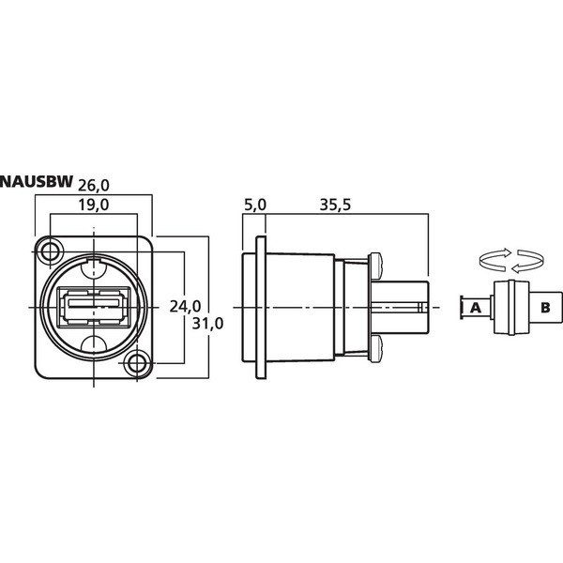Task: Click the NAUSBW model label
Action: [x=37, y=182]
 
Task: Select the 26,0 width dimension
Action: [x=94, y=186]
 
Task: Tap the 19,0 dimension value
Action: [x=94, y=205]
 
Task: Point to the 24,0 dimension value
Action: [x=185, y=306]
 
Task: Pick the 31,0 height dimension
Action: [x=207, y=324]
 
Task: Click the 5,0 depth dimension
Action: [x=255, y=205]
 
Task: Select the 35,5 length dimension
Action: [x=335, y=205]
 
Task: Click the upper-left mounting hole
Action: [x=50, y=251]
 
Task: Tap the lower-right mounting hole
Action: [x=136, y=364]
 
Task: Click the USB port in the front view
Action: [x=94, y=307]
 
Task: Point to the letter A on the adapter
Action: [x=476, y=308]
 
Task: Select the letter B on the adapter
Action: [x=545, y=308]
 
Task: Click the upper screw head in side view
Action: [x=375, y=266]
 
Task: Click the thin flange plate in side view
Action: [x=261, y=308]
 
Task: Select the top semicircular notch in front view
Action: [x=94, y=268]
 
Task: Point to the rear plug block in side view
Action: [x=400, y=308]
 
